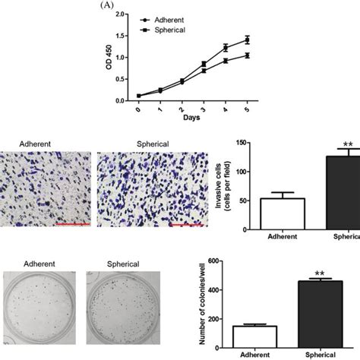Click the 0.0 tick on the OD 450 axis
click(129, 99)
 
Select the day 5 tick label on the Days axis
click(267, 109)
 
